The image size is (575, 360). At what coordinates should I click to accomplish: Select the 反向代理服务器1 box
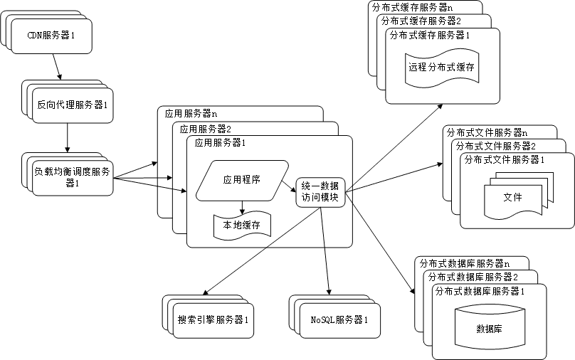coord(72,105)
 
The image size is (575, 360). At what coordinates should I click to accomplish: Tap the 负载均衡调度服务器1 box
coord(71,176)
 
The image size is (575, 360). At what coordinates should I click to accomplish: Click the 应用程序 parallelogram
coord(241,180)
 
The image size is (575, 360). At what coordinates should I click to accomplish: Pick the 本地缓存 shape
coord(242,226)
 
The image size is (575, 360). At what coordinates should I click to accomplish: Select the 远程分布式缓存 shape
coord(441,68)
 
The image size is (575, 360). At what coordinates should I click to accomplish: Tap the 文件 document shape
coord(512,197)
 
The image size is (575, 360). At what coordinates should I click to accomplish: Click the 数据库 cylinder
coord(488,329)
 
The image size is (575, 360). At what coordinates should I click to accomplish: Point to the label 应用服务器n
coord(191,113)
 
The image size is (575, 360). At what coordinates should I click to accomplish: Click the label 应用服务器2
coord(206,129)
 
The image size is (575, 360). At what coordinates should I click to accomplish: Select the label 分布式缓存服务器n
coord(412,7)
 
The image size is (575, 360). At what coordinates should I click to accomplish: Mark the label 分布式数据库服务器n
coord(463,263)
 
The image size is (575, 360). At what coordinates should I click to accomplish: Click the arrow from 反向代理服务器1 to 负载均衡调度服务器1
coord(68,137)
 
